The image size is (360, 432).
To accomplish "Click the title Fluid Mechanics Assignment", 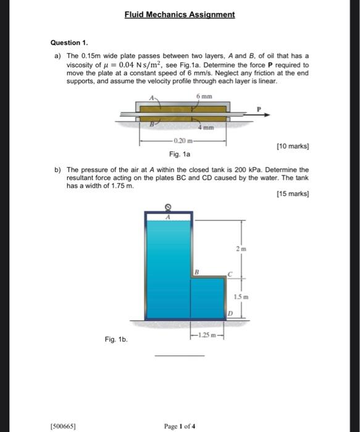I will (x=179, y=14).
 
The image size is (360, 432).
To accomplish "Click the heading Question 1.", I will (x=69, y=43).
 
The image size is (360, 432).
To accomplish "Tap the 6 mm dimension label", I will (x=203, y=97).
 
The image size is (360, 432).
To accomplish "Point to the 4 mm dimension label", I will (x=206, y=128).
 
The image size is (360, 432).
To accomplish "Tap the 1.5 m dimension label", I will (x=240, y=297).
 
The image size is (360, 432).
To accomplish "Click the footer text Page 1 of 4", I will (x=179, y=426).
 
